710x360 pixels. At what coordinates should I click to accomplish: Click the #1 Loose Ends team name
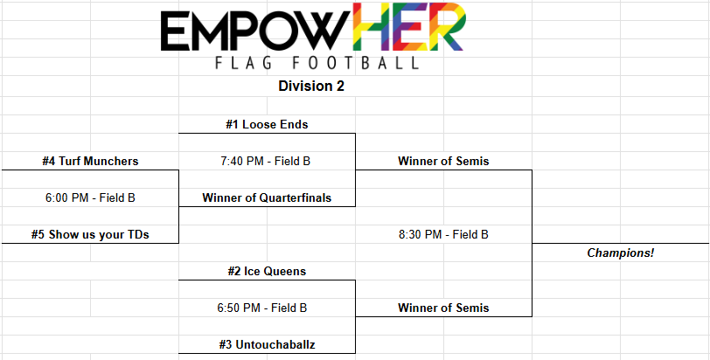[x=267, y=124]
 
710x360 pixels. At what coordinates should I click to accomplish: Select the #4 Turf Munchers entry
[x=90, y=161]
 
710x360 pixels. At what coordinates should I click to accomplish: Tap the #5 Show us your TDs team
[x=90, y=235]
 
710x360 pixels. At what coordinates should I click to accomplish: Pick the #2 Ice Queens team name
[x=267, y=272]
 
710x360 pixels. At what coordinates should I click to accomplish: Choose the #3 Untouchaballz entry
[x=267, y=344]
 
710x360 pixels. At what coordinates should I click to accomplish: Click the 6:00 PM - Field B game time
[x=90, y=197]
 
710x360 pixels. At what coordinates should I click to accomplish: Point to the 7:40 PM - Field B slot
[x=265, y=161]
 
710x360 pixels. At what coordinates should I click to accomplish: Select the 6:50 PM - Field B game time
[x=262, y=308]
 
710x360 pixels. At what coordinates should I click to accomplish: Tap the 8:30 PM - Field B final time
[x=443, y=235]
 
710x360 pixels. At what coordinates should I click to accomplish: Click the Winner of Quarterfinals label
[x=267, y=197]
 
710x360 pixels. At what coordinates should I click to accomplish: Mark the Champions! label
[x=621, y=253]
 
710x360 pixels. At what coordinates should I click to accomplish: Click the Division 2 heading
[x=311, y=86]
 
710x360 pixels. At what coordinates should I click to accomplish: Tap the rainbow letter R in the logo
[x=445, y=28]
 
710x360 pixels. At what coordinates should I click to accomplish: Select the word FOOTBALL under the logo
[x=354, y=62]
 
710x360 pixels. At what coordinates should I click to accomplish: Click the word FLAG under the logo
[x=244, y=62]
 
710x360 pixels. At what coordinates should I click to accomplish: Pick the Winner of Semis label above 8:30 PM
[x=443, y=161]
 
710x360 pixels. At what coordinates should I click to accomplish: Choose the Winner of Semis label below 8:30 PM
[x=443, y=308]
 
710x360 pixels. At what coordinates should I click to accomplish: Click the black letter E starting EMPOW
[x=173, y=31]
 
